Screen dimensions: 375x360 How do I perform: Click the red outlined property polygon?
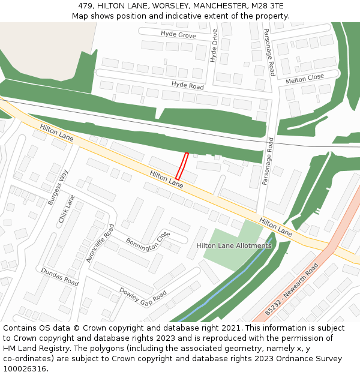[182, 166]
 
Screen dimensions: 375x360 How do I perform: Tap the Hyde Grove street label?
[178, 35]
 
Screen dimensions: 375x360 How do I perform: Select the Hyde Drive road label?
[214, 46]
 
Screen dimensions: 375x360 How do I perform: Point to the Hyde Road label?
[187, 85]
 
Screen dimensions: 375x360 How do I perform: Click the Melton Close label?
[305, 78]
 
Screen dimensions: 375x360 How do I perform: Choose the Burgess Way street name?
[59, 187]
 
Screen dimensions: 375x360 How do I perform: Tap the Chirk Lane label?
[67, 209]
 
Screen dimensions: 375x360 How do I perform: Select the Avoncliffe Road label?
[100, 243]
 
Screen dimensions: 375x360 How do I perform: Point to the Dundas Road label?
[59, 277]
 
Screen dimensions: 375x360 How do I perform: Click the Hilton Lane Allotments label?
[234, 245]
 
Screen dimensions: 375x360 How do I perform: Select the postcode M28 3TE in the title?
[268, 5]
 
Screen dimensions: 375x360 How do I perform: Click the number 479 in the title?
[85, 5]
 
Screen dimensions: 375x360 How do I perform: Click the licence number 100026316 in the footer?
[25, 368]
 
